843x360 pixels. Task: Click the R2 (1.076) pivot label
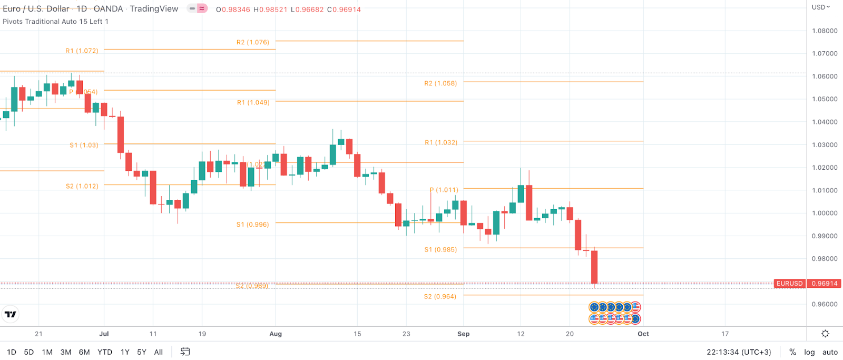click(253, 42)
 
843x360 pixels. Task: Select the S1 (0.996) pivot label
click(252, 225)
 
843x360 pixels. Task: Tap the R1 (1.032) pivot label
click(441, 142)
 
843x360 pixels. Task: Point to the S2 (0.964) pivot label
click(440, 296)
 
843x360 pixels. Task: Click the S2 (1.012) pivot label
click(82, 186)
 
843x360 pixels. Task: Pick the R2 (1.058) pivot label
click(440, 83)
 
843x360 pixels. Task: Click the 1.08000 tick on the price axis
click(825, 31)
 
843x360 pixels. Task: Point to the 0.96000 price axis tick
click(825, 304)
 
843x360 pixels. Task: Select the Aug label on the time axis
click(276, 334)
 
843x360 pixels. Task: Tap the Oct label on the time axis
click(643, 334)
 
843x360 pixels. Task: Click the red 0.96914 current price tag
click(825, 284)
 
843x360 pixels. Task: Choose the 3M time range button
click(66, 352)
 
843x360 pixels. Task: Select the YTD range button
click(105, 352)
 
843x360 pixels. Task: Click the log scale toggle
click(809, 352)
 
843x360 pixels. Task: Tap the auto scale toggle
click(830, 352)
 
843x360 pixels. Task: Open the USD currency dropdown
click(820, 7)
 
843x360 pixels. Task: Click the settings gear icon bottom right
click(825, 334)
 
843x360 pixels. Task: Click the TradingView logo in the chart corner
click(10, 314)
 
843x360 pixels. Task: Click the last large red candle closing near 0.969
click(594, 267)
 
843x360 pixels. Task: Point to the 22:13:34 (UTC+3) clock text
click(739, 352)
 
